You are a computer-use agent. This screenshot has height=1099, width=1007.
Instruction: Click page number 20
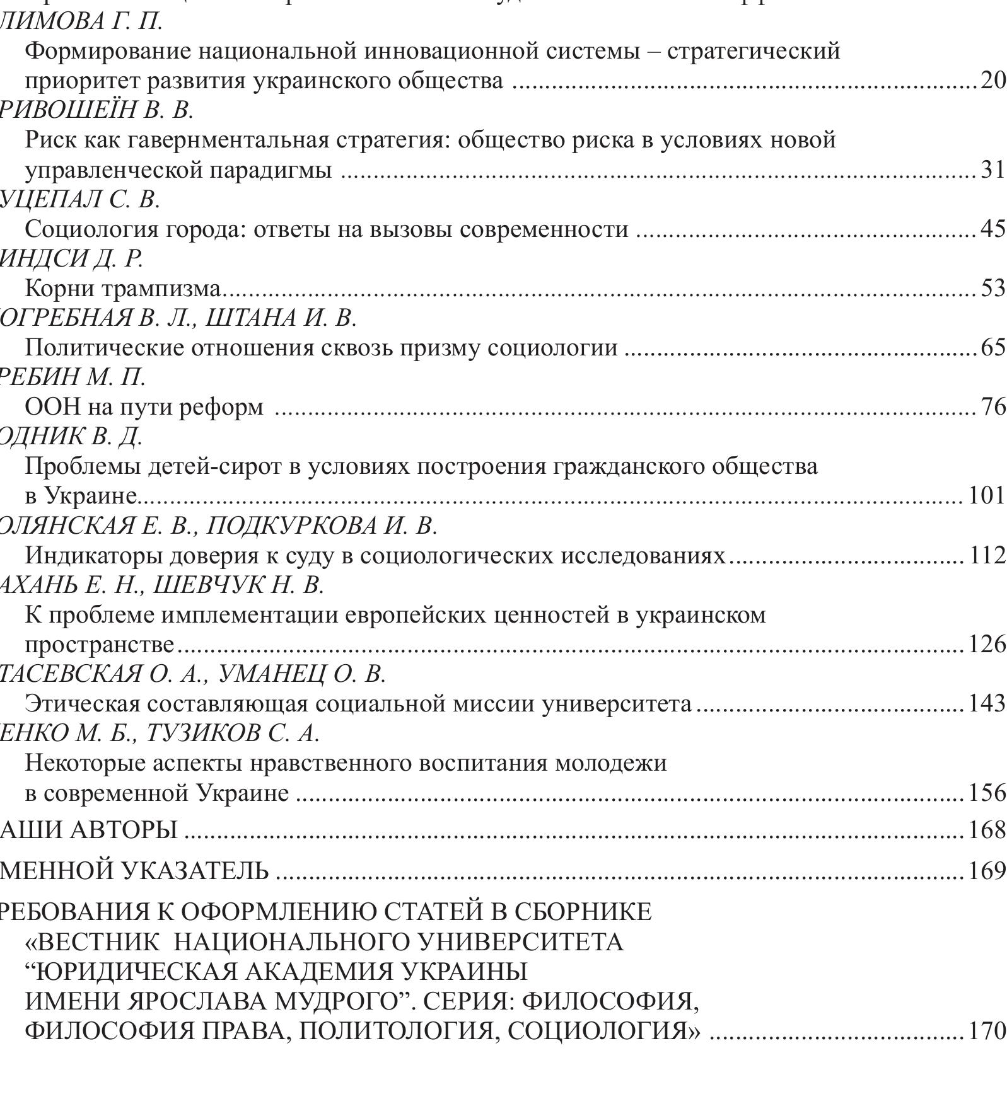[992, 81]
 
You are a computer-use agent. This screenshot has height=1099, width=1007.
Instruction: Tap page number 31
[992, 170]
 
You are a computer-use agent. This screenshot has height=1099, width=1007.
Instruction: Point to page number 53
[992, 289]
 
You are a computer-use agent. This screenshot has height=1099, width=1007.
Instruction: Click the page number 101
[987, 496]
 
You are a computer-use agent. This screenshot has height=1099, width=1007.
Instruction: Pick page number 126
[987, 645]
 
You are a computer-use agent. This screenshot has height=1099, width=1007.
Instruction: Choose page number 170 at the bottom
[987, 1031]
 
